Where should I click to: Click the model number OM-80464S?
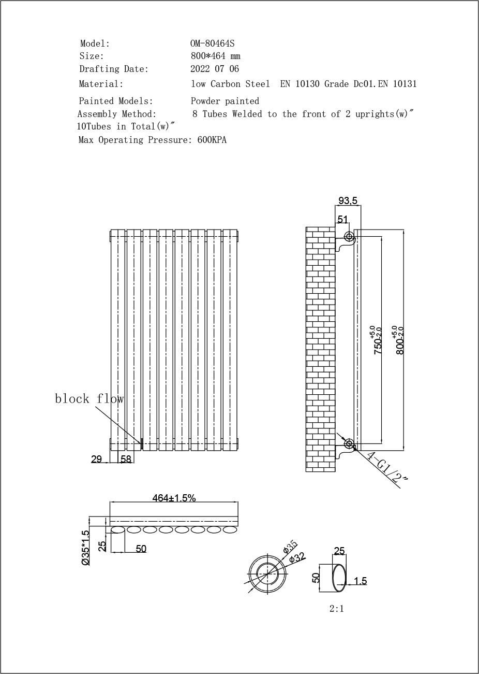click(x=212, y=44)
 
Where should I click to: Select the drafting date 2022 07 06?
click(x=215, y=69)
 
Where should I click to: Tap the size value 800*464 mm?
click(x=215, y=56)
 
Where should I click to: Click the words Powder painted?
click(x=224, y=101)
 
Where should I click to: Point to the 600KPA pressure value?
click(x=212, y=140)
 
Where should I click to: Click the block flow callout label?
click(x=89, y=398)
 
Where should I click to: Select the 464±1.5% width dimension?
click(x=174, y=498)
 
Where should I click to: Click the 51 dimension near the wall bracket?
click(x=342, y=219)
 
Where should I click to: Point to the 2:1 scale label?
click(x=336, y=609)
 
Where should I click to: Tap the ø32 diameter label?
click(x=297, y=558)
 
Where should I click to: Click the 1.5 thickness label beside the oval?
click(x=360, y=581)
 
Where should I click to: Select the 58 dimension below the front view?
click(x=126, y=459)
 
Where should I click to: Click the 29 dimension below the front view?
click(x=96, y=459)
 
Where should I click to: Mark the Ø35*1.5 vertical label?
click(x=86, y=547)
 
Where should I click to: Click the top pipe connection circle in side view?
click(x=349, y=237)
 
